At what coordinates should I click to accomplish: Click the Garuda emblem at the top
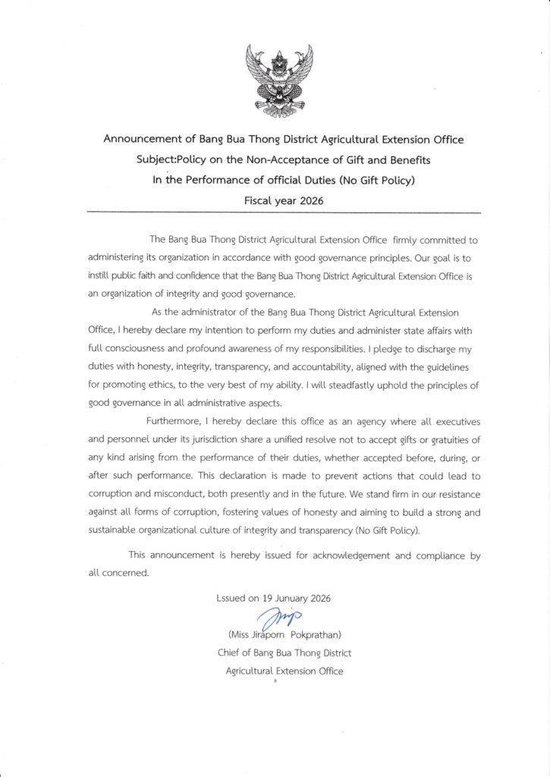coord(275,78)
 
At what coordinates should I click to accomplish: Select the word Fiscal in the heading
coord(259,202)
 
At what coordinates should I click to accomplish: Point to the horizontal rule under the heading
coord(284,211)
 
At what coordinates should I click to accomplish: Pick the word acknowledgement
coord(351,555)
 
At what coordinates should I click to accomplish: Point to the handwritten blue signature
coord(281,618)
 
